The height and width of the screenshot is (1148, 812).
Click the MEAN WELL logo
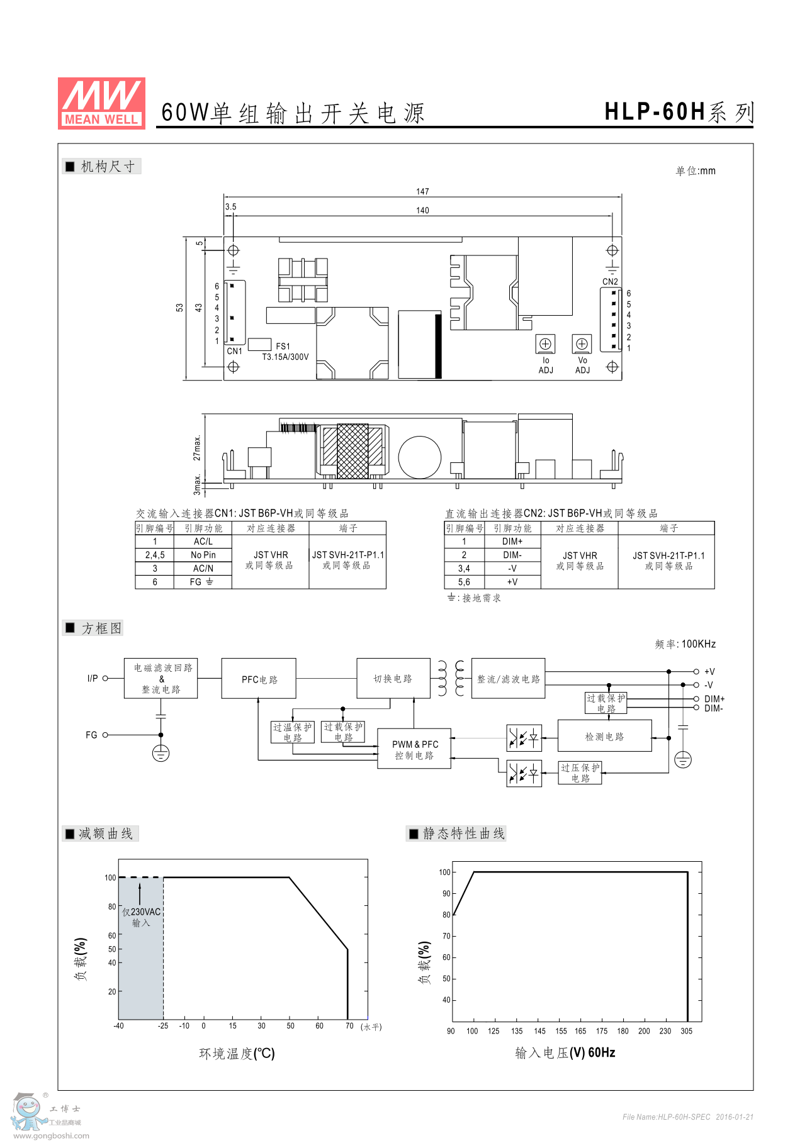(101, 103)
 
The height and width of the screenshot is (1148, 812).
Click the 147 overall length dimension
(422, 191)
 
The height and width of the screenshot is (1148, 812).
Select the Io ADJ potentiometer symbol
(545, 344)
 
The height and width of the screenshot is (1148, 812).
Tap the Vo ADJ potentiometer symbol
(582, 344)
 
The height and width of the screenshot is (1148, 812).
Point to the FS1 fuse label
(283, 346)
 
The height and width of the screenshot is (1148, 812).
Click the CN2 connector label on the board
(610, 281)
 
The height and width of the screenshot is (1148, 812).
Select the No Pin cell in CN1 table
(203, 555)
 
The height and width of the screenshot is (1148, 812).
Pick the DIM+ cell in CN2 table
(512, 541)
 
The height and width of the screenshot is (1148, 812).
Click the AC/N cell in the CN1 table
(203, 568)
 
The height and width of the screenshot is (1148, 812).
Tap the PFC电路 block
(259, 679)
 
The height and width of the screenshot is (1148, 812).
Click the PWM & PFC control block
(414, 749)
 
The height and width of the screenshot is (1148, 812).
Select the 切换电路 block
(393, 679)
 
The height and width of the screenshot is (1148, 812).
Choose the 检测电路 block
(604, 736)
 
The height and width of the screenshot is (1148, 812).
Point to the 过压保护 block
(580, 772)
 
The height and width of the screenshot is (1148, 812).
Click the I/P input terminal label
(93, 678)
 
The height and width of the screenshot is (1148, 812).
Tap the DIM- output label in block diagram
(713, 708)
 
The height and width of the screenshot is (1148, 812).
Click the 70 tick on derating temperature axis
(349, 1025)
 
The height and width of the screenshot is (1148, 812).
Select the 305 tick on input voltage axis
(686, 1030)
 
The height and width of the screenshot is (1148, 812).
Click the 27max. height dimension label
(197, 447)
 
